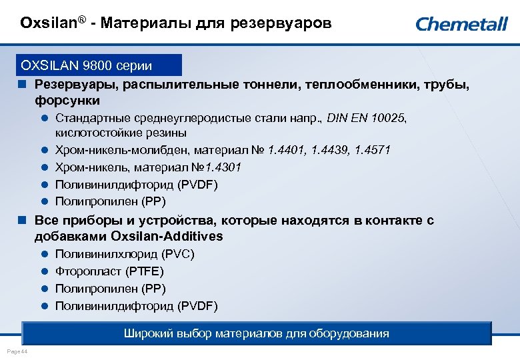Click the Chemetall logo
(x=461, y=24)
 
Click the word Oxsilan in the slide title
(x=45, y=24)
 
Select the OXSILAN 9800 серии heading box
(x=100, y=65)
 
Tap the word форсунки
(x=67, y=101)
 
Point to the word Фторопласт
(x=85, y=271)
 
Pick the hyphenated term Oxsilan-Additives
(x=168, y=237)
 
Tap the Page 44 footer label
(x=16, y=351)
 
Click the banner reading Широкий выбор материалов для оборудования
(x=256, y=333)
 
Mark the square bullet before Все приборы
(x=22, y=220)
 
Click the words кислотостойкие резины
(x=111, y=133)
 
